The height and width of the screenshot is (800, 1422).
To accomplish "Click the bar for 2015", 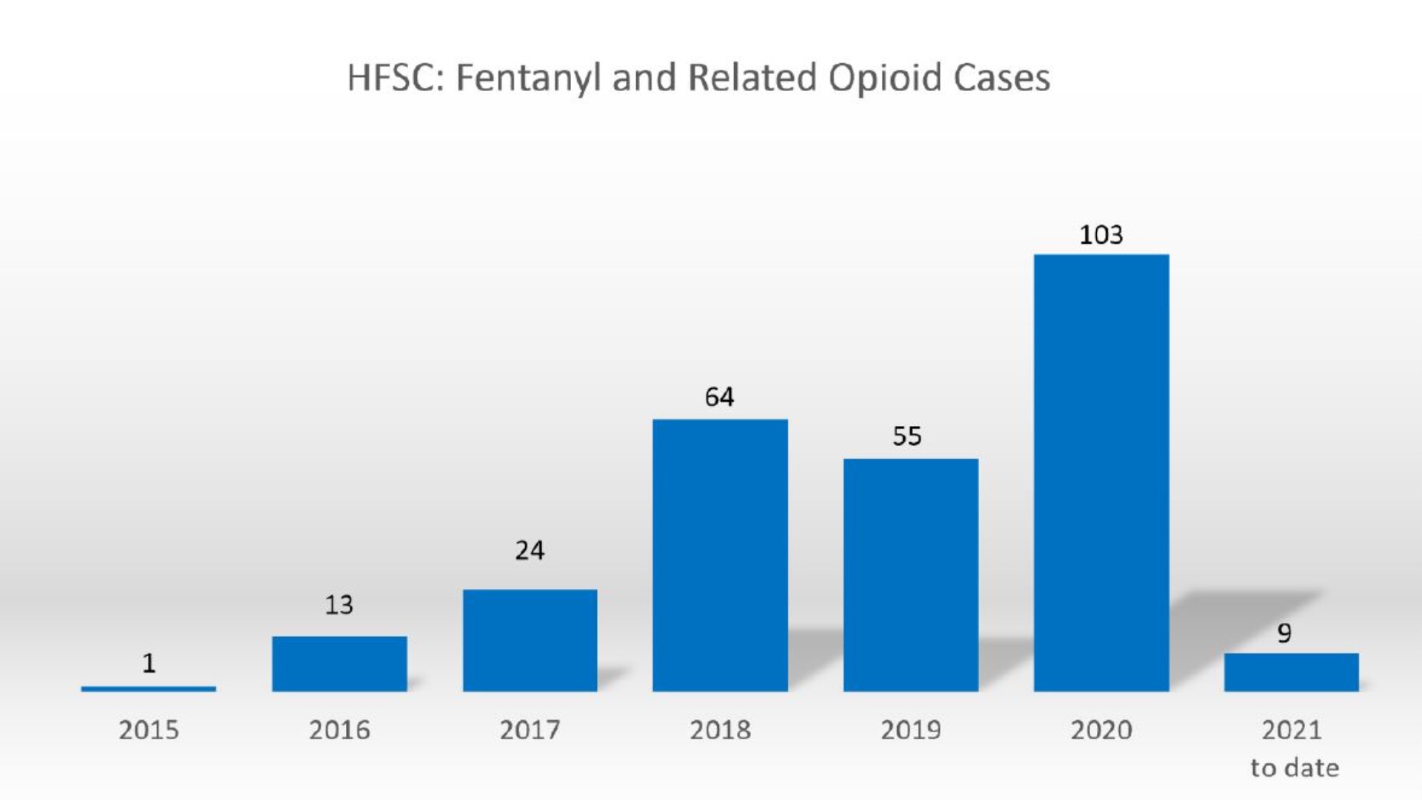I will point(148,689).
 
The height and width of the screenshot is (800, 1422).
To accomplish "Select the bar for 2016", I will point(339,664).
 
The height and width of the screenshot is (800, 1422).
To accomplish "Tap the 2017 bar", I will point(530,641).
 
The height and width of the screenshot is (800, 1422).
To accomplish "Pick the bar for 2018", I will point(720,556).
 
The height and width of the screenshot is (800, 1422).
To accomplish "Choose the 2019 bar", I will point(910,575).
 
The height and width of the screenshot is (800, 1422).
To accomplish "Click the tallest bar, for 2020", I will point(1101,473).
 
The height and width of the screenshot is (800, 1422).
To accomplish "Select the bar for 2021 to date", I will point(1291,673).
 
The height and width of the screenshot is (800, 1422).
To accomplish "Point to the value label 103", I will point(1101,236).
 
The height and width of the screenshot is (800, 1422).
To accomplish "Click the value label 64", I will point(719,397).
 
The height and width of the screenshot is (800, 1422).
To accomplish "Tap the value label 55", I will point(907,436).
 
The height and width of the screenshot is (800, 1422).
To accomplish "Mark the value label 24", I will point(530,550).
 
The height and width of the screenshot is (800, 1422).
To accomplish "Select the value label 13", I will point(339,605).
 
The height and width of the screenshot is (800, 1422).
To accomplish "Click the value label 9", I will point(1284,633).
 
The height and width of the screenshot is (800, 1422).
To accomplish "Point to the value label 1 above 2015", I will point(149,663).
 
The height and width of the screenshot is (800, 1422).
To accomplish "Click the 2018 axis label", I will point(720,730).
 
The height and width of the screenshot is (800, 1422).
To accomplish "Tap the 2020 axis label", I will point(1101,730).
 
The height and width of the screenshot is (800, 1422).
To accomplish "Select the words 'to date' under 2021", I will point(1295,768).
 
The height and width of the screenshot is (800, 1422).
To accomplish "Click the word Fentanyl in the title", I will point(527,79).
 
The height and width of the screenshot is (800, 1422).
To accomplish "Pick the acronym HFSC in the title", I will point(390,79).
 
